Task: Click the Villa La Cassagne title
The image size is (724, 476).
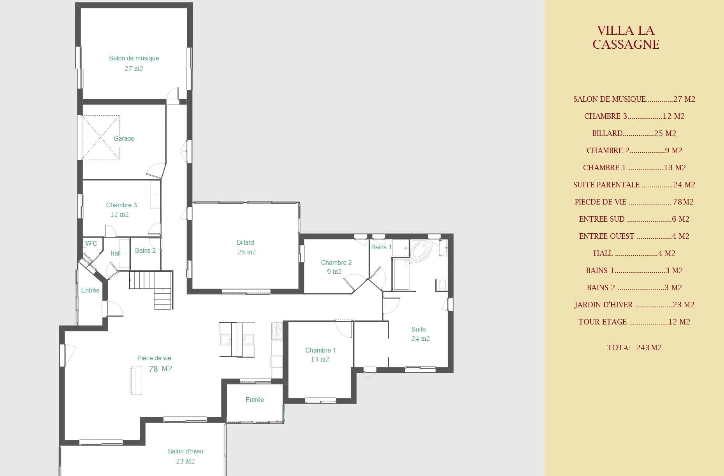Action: click(x=626, y=37)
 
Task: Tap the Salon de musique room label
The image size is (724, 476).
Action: click(x=134, y=58)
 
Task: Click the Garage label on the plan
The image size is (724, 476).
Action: click(x=124, y=138)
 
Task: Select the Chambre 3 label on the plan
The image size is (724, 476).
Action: click(x=121, y=205)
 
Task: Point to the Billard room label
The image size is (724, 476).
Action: click(x=245, y=242)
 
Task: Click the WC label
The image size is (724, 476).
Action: click(x=91, y=243)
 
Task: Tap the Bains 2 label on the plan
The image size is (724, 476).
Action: click(x=145, y=250)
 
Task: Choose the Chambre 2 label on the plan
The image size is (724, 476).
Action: click(x=336, y=263)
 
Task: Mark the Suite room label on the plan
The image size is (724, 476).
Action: click(x=418, y=329)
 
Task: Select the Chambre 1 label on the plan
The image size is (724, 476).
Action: click(x=320, y=350)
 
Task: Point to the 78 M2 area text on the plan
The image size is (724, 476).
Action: click(x=160, y=368)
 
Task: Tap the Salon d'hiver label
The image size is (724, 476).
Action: click(x=186, y=451)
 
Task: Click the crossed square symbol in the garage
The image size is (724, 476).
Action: click(x=100, y=137)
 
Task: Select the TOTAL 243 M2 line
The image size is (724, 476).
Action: click(x=634, y=347)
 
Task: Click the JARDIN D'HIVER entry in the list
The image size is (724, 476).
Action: click(x=634, y=305)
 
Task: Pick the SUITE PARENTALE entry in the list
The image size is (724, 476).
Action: click(x=634, y=185)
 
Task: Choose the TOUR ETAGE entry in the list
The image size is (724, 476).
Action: click(x=634, y=322)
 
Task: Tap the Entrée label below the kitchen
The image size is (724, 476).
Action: click(x=255, y=400)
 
